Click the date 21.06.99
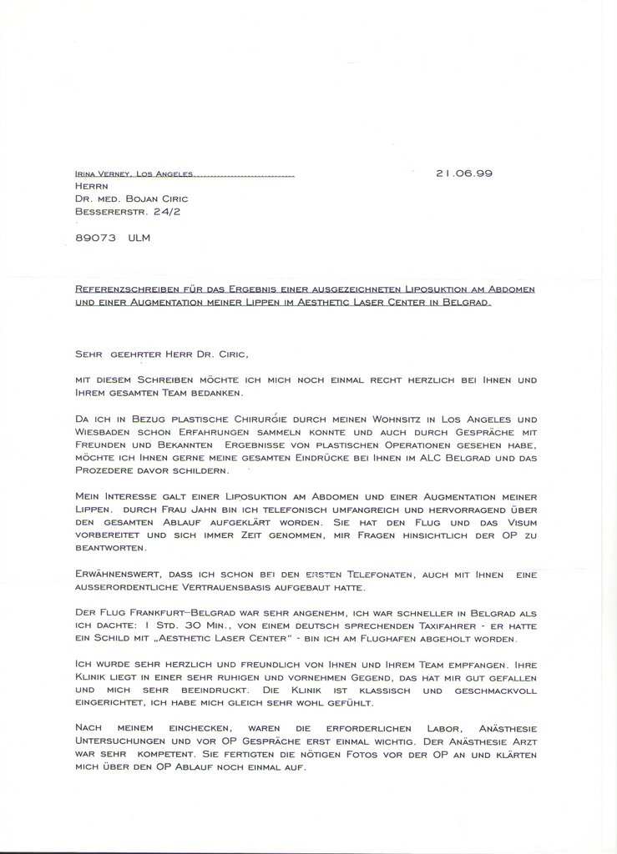pos(464,173)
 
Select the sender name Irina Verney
pos(104,174)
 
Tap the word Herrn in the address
pos(93,186)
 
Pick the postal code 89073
pos(95,238)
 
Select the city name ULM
pos(140,238)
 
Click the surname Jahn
pos(214,510)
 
